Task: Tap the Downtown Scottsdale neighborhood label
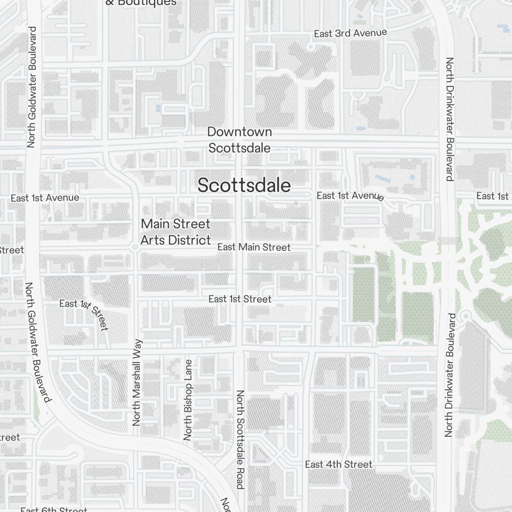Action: point(239,140)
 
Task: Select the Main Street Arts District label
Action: point(176,232)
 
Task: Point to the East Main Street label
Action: point(253,247)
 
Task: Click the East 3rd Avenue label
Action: point(350,33)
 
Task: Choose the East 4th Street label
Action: point(338,464)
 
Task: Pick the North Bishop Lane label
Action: point(188,399)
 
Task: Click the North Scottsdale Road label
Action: point(240,439)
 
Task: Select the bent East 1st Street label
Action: point(84,312)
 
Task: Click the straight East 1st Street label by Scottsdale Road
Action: point(240,299)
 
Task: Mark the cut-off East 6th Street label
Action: point(54,509)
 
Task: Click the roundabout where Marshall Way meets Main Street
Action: point(135,247)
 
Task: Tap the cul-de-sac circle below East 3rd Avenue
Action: point(310,47)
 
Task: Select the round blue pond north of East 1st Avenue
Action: point(412,178)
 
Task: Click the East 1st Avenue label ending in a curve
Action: point(350,196)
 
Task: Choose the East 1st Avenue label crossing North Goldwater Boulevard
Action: point(45,198)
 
